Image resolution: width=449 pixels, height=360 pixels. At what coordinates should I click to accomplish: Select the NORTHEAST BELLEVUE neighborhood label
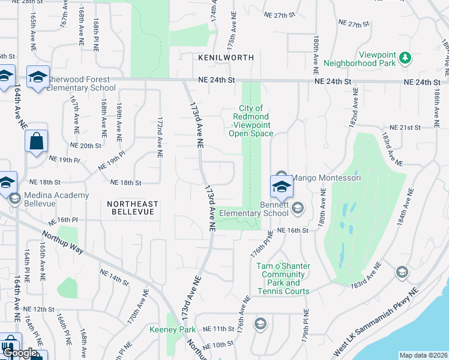[131, 208]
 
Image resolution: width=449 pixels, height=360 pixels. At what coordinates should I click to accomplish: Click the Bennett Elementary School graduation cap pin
[281, 187]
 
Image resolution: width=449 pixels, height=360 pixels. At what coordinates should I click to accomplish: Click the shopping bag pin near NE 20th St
[36, 142]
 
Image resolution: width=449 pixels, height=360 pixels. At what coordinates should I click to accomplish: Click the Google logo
[19, 353]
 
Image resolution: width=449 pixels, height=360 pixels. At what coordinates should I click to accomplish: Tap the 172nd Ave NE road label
[160, 137]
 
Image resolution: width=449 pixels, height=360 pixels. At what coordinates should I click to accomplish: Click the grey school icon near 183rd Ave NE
[401, 272]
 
